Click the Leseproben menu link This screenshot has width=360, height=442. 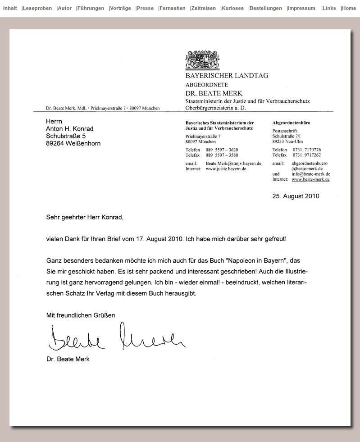pos(37,8)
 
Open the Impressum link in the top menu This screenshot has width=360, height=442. pos(301,8)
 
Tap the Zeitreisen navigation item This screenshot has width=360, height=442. pos(204,8)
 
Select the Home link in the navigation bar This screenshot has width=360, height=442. pos(349,8)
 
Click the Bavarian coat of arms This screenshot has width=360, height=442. pos(202,60)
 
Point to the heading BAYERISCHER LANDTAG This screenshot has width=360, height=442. pos(227,76)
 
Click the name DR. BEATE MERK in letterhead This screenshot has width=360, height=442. pos(214,93)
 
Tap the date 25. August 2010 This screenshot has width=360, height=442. pos(296,196)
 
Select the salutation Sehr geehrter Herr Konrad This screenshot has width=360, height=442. pos(84,217)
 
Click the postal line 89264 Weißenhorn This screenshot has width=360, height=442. pos(73,143)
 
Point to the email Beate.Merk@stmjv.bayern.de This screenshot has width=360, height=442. pos(233,164)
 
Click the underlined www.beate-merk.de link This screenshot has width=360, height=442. pos(310,179)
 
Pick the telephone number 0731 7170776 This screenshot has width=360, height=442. pos(306,150)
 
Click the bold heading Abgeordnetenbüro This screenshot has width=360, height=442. pos(291,123)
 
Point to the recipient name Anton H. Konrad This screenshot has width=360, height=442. pos(69,129)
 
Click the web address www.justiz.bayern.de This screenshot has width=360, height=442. pos(226,169)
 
